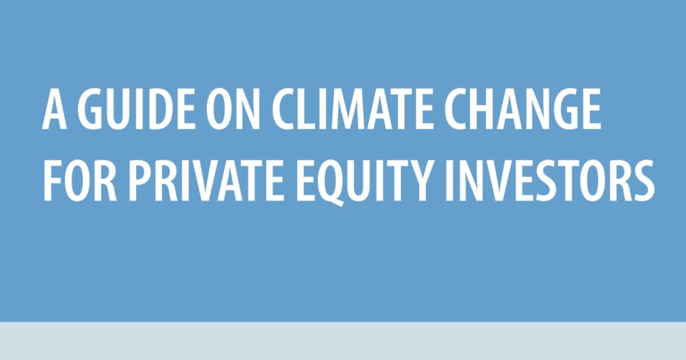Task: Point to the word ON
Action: coord(222,111)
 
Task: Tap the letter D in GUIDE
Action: coord(149,111)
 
